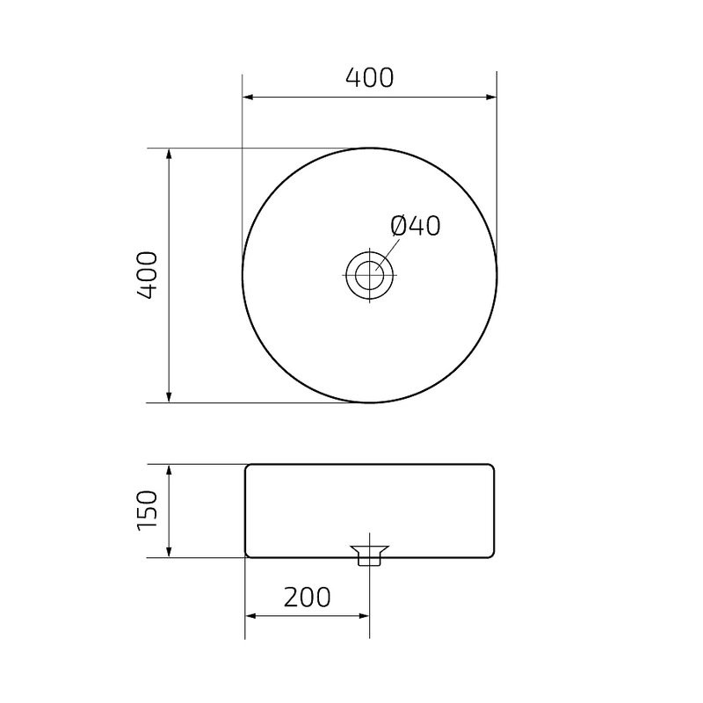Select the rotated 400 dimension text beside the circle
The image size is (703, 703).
point(147,275)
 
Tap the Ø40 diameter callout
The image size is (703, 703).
point(415,227)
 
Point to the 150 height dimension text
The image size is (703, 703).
point(147,511)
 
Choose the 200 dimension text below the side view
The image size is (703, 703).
point(308,598)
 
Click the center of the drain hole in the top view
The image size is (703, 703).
point(370,274)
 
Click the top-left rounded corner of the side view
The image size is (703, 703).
point(247,467)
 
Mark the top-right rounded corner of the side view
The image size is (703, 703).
point(494,467)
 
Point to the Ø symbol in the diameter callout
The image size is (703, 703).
point(398,227)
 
